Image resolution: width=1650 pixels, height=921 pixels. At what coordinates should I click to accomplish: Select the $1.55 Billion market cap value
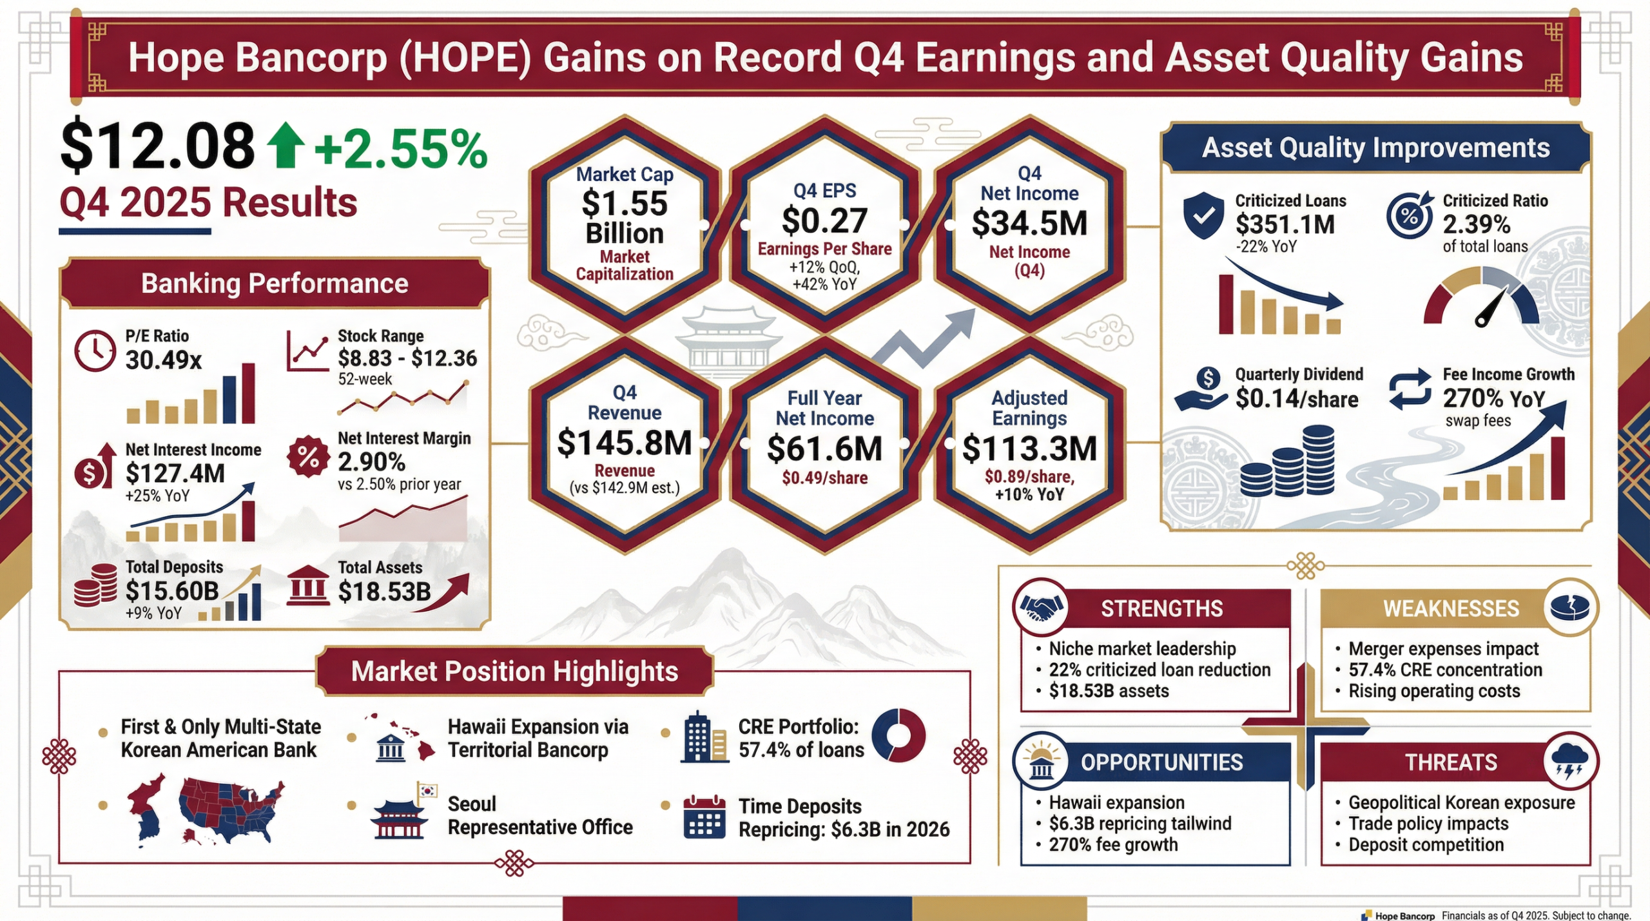pos(624,218)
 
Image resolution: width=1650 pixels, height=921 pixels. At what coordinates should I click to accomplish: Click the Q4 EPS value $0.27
pos(824,221)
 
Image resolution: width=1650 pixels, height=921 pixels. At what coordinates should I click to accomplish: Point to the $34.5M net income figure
pos(1029,223)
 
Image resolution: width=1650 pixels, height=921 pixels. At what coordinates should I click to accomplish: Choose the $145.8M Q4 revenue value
pos(624,443)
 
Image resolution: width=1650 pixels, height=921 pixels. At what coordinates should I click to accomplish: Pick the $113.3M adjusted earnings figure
pos(1029,449)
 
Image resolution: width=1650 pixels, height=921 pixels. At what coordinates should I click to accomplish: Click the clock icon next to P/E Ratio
pos(95,351)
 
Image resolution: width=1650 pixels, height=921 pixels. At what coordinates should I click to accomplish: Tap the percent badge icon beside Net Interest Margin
pos(308,457)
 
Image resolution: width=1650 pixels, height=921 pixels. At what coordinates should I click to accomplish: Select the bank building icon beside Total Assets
pos(308,586)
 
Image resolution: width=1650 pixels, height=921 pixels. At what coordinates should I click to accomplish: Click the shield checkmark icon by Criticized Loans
pos(1203,215)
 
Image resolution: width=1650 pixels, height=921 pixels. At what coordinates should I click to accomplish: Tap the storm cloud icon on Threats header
pos(1570,761)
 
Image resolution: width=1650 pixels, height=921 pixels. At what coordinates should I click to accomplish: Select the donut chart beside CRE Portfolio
pos(898,735)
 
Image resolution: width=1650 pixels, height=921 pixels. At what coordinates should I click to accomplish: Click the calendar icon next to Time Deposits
pos(704,817)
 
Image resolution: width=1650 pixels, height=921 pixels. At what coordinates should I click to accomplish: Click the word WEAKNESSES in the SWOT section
pos(1451,608)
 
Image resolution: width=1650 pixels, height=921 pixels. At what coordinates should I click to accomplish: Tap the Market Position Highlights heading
pos(514,672)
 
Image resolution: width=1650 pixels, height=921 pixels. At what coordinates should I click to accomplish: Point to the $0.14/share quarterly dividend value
pos(1296,399)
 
